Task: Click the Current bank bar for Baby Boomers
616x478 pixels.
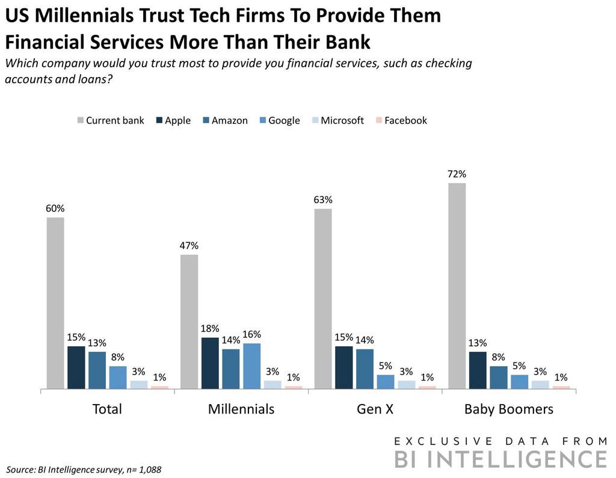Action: click(457, 286)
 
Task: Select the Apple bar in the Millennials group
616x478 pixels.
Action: click(210, 363)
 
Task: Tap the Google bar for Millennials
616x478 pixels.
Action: click(252, 366)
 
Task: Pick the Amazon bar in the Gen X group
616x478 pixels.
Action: click(365, 369)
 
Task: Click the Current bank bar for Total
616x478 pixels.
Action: click(55, 303)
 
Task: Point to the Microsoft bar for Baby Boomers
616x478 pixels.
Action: click(540, 385)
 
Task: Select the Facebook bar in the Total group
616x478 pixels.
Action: click(160, 388)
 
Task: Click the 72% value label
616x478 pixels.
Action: click(457, 174)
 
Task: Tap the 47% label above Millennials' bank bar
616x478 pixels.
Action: click(189, 246)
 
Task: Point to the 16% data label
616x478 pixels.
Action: click(253, 334)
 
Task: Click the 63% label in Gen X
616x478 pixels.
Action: click(323, 200)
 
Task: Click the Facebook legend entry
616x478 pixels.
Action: click(401, 120)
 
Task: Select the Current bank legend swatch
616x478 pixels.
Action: click(80, 120)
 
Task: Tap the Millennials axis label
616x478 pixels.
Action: click(241, 409)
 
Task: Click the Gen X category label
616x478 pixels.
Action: click(375, 409)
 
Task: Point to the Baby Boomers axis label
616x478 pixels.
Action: click(508, 409)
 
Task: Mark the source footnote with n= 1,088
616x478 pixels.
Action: click(83, 468)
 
